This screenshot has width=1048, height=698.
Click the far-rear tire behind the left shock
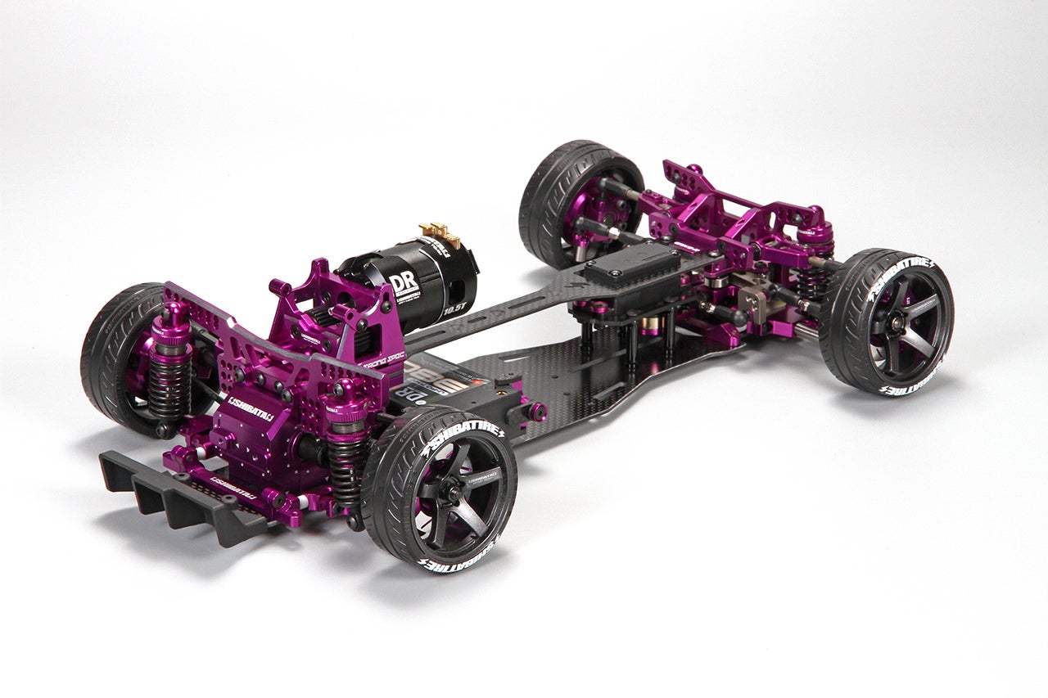pyautogui.click(x=115, y=360)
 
